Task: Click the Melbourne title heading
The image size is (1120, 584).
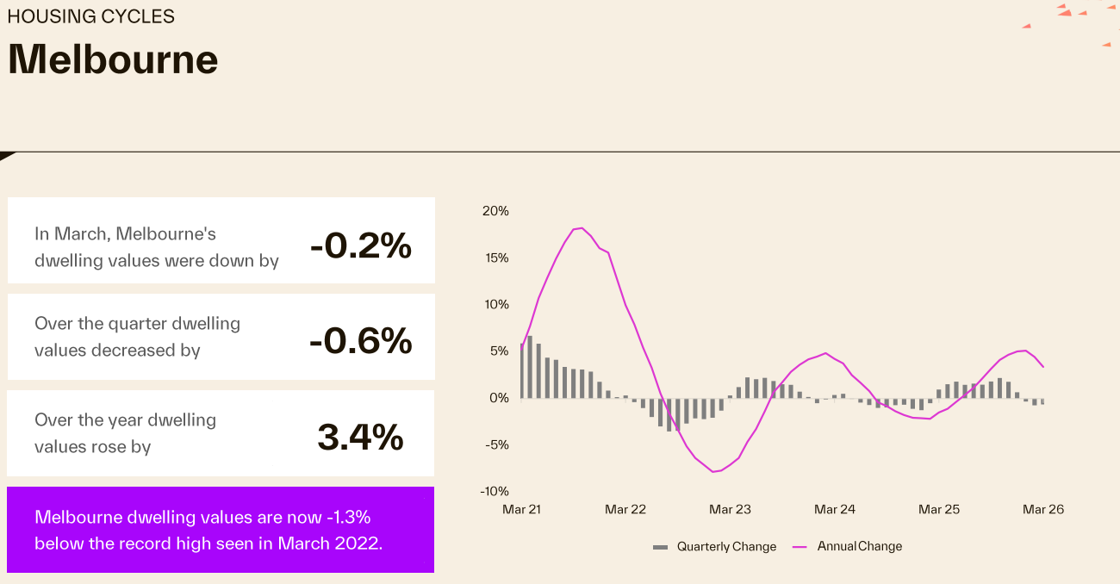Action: click(x=113, y=59)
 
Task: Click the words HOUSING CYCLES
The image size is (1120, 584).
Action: click(x=90, y=16)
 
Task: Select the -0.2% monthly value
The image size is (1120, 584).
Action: click(x=360, y=246)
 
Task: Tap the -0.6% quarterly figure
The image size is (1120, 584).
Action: click(x=360, y=342)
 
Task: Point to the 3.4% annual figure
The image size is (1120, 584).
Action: click(x=360, y=438)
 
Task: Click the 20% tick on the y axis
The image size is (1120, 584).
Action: click(x=496, y=211)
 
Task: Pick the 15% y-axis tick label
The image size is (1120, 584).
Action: click(x=496, y=258)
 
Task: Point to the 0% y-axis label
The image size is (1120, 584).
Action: click(x=499, y=398)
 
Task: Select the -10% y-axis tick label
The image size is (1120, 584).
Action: click(x=495, y=491)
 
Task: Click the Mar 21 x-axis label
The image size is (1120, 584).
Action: click(x=521, y=509)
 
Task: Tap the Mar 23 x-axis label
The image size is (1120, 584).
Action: click(x=730, y=509)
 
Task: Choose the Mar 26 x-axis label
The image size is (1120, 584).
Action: click(x=1043, y=509)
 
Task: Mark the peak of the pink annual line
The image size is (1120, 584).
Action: click(x=582, y=228)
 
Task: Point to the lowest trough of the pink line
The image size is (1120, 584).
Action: click(x=713, y=471)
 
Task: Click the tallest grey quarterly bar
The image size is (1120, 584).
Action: click(x=530, y=367)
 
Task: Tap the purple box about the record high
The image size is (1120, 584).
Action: click(x=221, y=530)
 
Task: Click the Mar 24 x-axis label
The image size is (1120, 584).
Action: click(x=835, y=509)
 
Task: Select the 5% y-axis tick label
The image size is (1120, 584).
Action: click(x=499, y=351)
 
